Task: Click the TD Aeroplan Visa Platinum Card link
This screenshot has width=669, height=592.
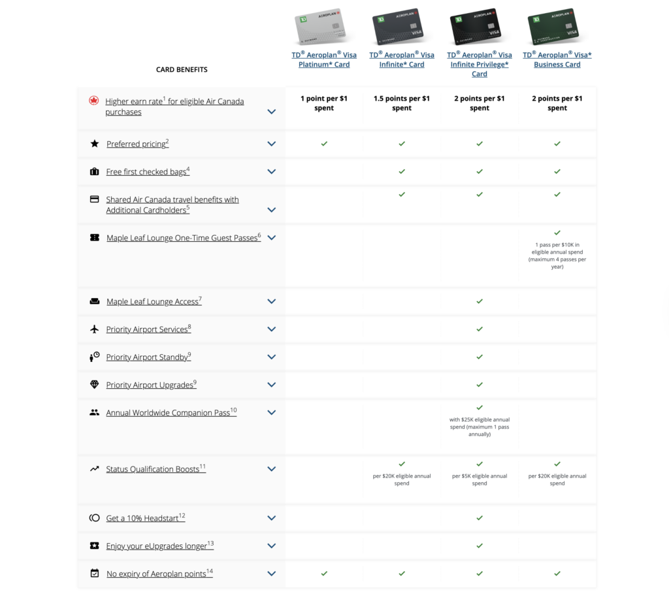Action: coord(324,59)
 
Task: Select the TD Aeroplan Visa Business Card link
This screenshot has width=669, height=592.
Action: coord(557,59)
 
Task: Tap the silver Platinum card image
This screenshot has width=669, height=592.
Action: coord(320,26)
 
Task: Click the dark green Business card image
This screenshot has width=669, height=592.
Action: coord(553,26)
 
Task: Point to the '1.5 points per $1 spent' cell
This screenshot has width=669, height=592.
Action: coord(402,103)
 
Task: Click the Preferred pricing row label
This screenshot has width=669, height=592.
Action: coord(137,144)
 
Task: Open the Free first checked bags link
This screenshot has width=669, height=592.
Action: coord(148,172)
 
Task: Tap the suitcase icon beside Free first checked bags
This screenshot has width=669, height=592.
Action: coord(94,172)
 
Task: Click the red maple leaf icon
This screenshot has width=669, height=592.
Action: coord(94,101)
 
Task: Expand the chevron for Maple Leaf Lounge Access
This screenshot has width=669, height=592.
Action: coord(271,301)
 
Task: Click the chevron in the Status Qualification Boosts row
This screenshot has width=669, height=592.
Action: coord(271,469)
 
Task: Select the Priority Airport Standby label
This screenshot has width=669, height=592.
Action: coord(148,357)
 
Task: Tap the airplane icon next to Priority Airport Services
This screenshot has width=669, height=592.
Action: coord(94,329)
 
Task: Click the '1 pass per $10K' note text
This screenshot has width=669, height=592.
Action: coord(557,255)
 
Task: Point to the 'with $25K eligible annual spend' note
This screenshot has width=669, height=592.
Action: coord(480,427)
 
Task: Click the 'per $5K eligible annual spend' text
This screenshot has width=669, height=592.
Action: coord(480,480)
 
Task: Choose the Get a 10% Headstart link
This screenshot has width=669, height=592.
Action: coord(146,518)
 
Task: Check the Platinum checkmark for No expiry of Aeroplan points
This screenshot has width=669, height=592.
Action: coord(324,574)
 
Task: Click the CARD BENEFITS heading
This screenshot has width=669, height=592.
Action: coord(182,69)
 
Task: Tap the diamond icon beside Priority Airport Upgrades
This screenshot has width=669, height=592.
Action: coord(94,385)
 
